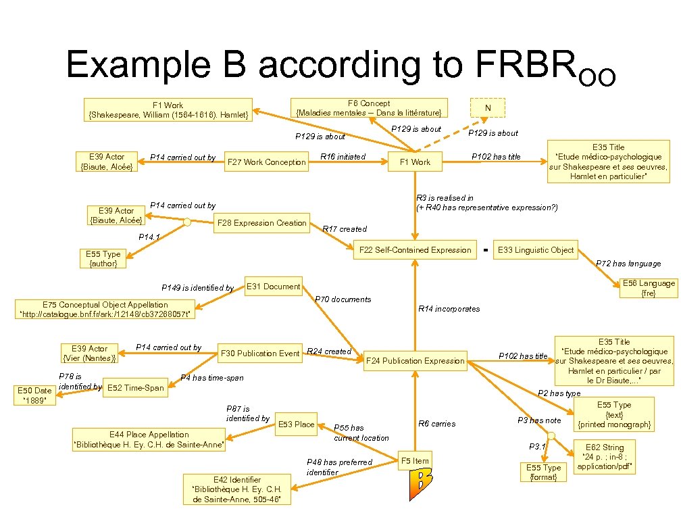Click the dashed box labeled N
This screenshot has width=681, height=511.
(x=488, y=107)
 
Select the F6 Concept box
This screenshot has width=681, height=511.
(x=369, y=107)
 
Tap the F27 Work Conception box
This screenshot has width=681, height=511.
(x=266, y=162)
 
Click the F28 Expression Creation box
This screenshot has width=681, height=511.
(x=262, y=223)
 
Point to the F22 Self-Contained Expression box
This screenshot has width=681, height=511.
(x=415, y=250)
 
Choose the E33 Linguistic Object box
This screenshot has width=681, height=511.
(x=535, y=250)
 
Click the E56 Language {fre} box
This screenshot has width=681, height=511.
(x=648, y=289)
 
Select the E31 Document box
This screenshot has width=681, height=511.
(x=273, y=287)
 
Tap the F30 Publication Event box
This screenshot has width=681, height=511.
(x=260, y=353)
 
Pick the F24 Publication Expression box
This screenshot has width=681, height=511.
(x=415, y=361)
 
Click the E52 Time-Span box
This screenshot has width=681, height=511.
(x=134, y=388)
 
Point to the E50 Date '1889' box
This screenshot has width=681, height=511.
(x=34, y=395)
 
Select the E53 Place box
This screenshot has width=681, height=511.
(x=296, y=424)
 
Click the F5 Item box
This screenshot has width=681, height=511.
(x=415, y=461)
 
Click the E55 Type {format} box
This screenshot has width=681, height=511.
(x=543, y=472)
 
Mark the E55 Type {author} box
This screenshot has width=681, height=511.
(x=103, y=259)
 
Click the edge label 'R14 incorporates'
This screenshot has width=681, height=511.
(x=449, y=309)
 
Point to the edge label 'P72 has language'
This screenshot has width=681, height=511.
(x=628, y=264)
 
